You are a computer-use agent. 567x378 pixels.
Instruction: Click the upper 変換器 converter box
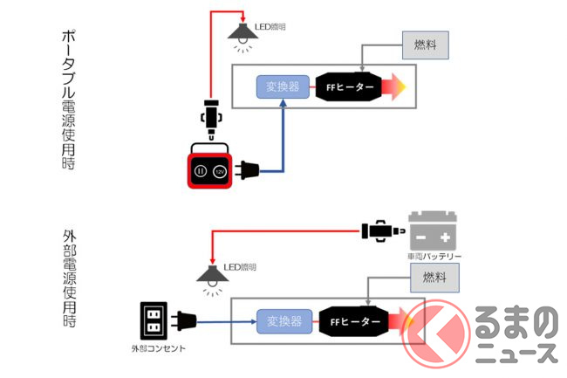tap(279, 88)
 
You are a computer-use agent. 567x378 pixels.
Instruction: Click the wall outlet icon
tap(154, 322)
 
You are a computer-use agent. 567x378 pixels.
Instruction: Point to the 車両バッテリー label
tap(433, 256)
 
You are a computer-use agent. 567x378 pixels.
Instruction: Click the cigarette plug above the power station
tap(211, 120)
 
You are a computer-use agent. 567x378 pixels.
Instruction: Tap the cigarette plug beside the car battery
tap(381, 231)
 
